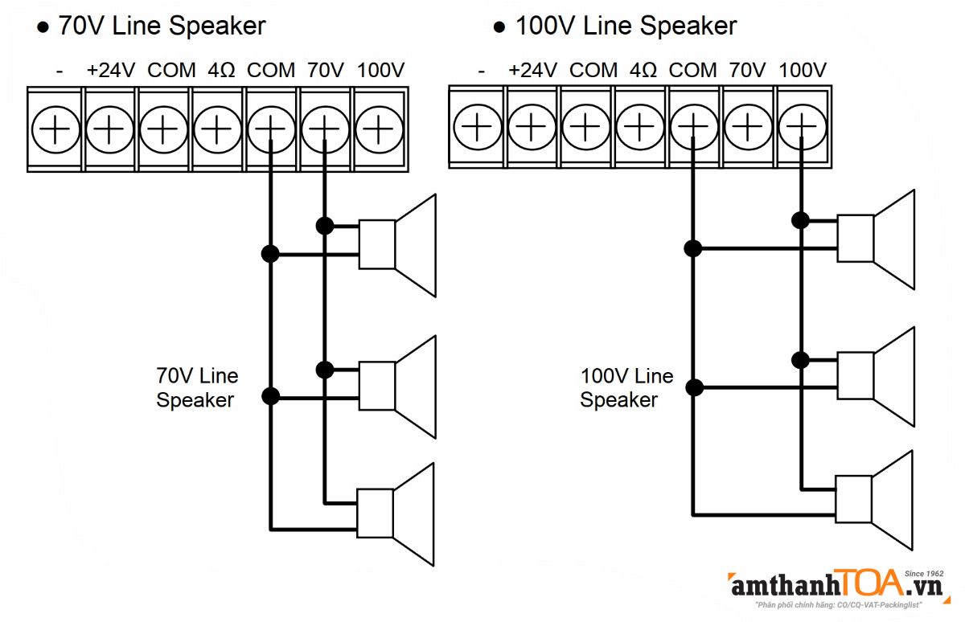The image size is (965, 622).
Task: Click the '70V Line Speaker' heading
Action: pos(161,26)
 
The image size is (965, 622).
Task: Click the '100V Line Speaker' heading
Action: pos(625,26)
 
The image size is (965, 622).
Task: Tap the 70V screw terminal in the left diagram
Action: pos(325,129)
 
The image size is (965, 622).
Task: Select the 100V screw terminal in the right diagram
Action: pos(802,127)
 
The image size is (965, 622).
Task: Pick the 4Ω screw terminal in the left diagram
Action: pos(217,129)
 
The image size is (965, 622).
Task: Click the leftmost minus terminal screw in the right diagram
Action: pos(477,127)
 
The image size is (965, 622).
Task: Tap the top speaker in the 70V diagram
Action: pos(398,244)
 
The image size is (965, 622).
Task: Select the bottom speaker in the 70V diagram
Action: pos(397,514)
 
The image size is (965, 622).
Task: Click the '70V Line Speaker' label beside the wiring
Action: pos(197,387)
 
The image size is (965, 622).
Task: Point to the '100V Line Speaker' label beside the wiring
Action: pos(626,387)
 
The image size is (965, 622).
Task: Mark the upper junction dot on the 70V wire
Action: pos(325,226)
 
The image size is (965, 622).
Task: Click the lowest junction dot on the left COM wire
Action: pos(271,396)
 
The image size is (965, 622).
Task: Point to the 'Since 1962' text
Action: pos(923,574)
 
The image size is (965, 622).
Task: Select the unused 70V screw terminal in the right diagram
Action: pos(748,127)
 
